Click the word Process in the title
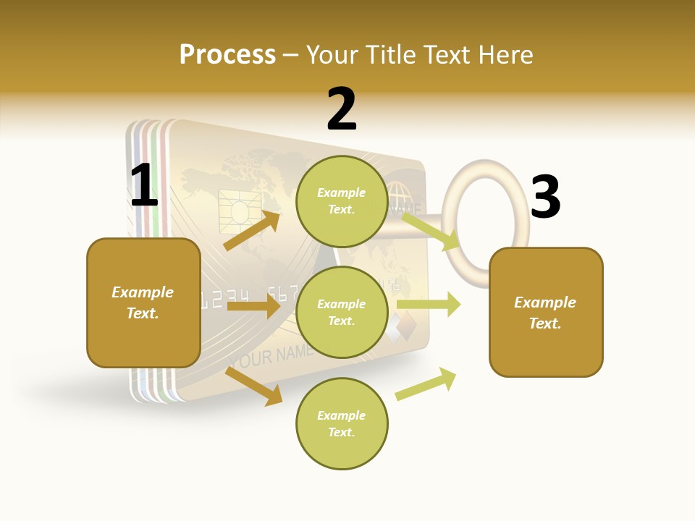[x=227, y=54]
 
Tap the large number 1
[x=144, y=185]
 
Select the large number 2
[x=342, y=109]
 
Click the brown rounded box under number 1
[x=143, y=302]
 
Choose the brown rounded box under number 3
[x=546, y=313]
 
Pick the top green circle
[x=342, y=201]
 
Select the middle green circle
[x=342, y=312]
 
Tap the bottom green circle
[x=342, y=423]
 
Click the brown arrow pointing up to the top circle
[x=251, y=231]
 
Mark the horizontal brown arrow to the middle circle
[x=253, y=306]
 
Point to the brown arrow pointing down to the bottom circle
[x=253, y=386]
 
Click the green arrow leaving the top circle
[x=430, y=231]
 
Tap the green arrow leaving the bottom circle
[x=426, y=384]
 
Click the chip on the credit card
[x=236, y=207]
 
